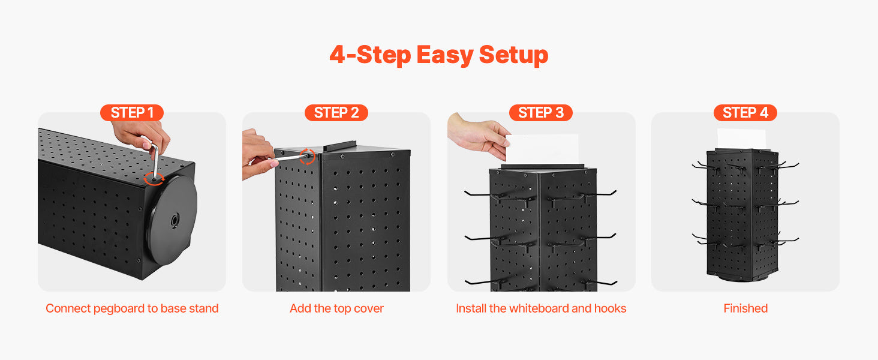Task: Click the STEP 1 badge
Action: tap(132, 113)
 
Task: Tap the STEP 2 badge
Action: tap(336, 113)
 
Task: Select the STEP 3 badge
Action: tap(541, 113)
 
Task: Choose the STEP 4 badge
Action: tap(745, 113)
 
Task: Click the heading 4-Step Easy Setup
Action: tap(439, 55)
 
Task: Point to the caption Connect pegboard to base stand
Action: tap(132, 308)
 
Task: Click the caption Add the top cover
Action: tap(336, 308)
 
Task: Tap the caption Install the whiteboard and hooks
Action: tap(541, 308)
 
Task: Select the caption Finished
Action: tap(745, 308)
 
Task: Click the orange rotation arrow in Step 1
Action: tap(155, 179)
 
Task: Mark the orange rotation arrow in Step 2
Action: tap(307, 157)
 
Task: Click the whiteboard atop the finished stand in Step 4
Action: tap(741, 139)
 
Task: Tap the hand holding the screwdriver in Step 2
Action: tap(257, 155)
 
